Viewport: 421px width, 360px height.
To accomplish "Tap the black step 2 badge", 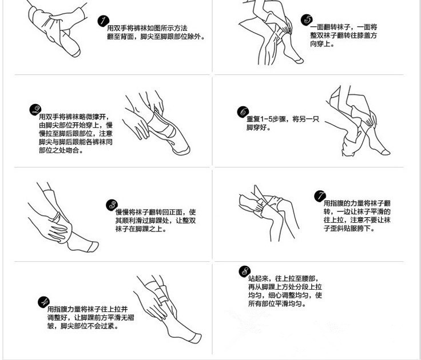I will click(x=35, y=110).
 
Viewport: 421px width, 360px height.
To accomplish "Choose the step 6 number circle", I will click(x=243, y=112).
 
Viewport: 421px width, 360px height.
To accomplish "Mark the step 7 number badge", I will click(x=320, y=197).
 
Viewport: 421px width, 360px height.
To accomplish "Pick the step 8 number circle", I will click(x=245, y=271).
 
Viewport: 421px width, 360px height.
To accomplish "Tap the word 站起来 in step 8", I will click(x=258, y=278).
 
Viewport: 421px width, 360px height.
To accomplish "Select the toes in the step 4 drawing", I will click(x=194, y=337).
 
